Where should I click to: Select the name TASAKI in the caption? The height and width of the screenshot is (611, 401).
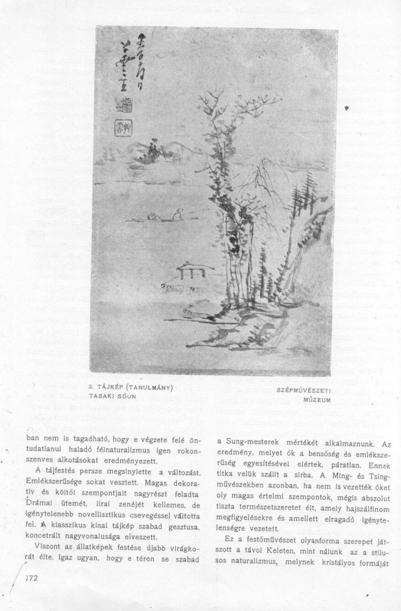pos(102,395)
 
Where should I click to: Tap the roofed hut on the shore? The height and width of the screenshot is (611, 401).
pos(195,270)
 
